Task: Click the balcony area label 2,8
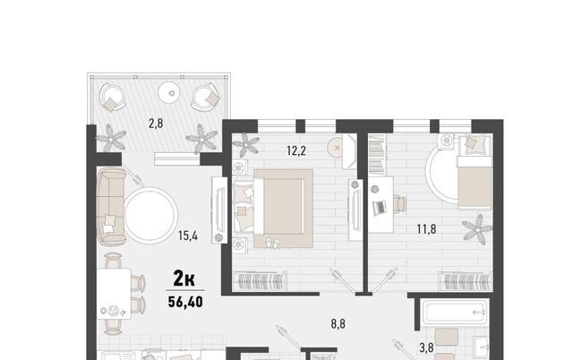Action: click(156, 124)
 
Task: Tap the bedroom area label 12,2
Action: click(296, 150)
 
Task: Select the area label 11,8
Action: click(426, 229)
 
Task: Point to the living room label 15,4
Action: click(188, 236)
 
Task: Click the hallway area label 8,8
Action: click(338, 324)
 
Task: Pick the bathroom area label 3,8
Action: click(426, 347)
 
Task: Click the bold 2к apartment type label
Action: click(184, 279)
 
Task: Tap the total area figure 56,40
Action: click(185, 302)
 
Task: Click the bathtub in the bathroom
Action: click(454, 313)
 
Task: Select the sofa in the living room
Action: click(111, 207)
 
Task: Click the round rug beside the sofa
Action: click(151, 215)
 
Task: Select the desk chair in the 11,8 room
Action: click(400, 202)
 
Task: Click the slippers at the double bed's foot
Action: click(272, 243)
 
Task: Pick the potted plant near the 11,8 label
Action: click(477, 229)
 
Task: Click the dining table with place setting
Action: click(114, 294)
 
